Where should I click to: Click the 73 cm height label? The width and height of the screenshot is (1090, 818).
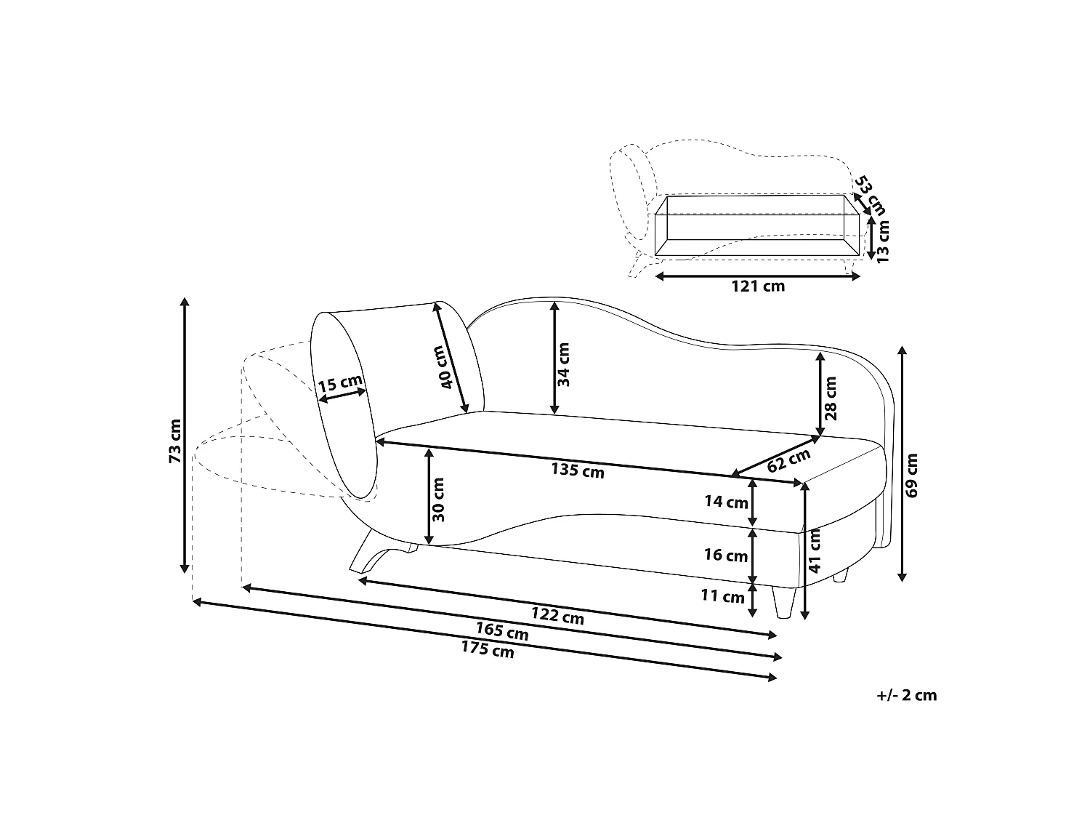click(x=175, y=441)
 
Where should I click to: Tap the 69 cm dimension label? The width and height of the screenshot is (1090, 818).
click(x=912, y=476)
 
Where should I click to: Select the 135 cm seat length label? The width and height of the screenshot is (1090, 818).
click(x=578, y=470)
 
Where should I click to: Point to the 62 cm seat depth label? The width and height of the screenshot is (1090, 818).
click(x=788, y=460)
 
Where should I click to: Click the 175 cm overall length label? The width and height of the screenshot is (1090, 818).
click(x=487, y=649)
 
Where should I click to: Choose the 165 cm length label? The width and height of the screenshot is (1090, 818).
click(x=502, y=631)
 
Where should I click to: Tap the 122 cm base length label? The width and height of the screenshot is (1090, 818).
click(x=557, y=616)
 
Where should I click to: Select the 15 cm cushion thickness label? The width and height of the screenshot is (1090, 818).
click(x=340, y=383)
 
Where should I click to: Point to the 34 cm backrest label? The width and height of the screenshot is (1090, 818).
click(x=563, y=364)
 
